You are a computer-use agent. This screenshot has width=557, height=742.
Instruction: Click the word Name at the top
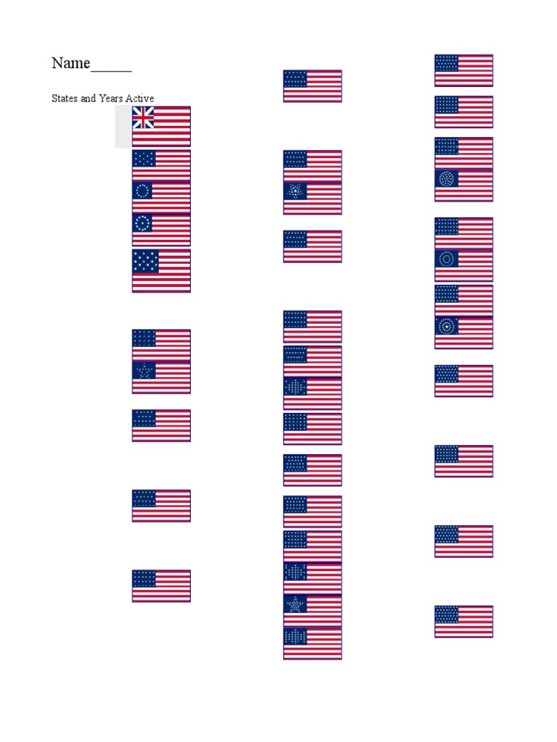tap(70, 64)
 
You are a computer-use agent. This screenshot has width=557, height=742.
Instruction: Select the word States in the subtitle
tap(65, 99)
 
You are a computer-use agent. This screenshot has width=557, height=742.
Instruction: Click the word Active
tap(139, 99)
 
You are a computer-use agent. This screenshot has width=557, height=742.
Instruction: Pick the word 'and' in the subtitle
tap(87, 99)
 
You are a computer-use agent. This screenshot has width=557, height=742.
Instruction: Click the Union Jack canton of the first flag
tap(143, 117)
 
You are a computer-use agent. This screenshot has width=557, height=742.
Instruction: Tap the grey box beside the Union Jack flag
tap(123, 127)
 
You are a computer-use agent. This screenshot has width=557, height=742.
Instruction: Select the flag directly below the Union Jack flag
tap(161, 164)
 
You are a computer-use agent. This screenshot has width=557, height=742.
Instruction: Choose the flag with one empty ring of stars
tap(161, 197)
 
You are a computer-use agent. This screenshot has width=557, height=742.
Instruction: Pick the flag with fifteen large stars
tap(161, 270)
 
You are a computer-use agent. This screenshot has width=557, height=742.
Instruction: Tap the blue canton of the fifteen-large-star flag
tap(146, 262)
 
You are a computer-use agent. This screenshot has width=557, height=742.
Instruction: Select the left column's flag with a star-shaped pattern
tap(161, 377)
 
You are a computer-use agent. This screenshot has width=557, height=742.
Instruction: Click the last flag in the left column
tap(161, 585)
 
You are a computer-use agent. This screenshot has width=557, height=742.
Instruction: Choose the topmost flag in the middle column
tap(312, 86)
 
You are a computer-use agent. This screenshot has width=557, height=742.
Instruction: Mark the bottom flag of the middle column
tap(312, 643)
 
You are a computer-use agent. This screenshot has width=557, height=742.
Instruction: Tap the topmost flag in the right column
tap(463, 70)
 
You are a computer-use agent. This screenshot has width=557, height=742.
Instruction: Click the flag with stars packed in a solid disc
tap(463, 185)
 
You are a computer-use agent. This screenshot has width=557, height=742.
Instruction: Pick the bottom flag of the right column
tap(463, 621)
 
